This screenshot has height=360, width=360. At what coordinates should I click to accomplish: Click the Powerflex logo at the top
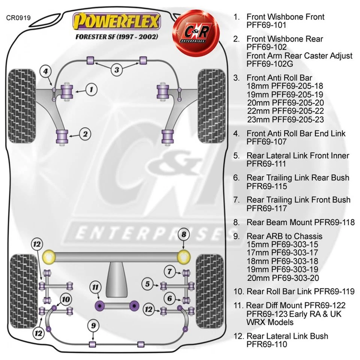(117, 22)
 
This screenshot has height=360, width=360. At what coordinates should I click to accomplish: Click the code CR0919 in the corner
(18, 17)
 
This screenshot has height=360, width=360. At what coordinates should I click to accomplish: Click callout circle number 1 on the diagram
(91, 89)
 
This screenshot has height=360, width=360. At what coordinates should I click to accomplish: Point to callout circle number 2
(85, 133)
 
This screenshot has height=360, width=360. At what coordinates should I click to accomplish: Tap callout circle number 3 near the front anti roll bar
(117, 69)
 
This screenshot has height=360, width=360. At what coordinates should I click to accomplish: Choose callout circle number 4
(45, 71)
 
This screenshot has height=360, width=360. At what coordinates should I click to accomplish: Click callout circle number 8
(183, 235)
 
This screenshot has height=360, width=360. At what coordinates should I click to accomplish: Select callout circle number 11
(96, 288)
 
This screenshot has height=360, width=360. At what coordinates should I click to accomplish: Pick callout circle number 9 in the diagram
(93, 325)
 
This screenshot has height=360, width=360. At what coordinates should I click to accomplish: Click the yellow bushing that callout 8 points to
(183, 256)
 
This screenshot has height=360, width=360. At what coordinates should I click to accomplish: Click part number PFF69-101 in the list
(266, 25)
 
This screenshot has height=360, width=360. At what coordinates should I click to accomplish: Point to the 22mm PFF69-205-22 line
(285, 111)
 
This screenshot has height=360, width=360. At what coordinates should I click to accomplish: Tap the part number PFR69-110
(267, 344)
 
